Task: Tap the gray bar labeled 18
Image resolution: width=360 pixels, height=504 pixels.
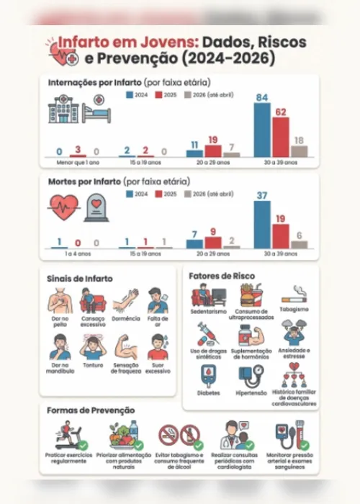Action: (x=299, y=151)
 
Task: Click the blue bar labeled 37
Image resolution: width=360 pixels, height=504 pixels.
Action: (x=262, y=225)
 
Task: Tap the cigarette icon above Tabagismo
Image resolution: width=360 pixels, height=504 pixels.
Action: (x=293, y=294)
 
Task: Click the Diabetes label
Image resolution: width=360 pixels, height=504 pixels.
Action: (x=208, y=393)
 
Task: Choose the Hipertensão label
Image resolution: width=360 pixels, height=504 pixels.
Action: (x=251, y=393)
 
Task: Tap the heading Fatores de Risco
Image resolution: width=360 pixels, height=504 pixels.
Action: (x=221, y=276)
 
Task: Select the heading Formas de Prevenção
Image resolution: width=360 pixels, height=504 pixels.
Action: (x=91, y=410)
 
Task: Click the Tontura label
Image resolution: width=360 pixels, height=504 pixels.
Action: (x=93, y=364)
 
